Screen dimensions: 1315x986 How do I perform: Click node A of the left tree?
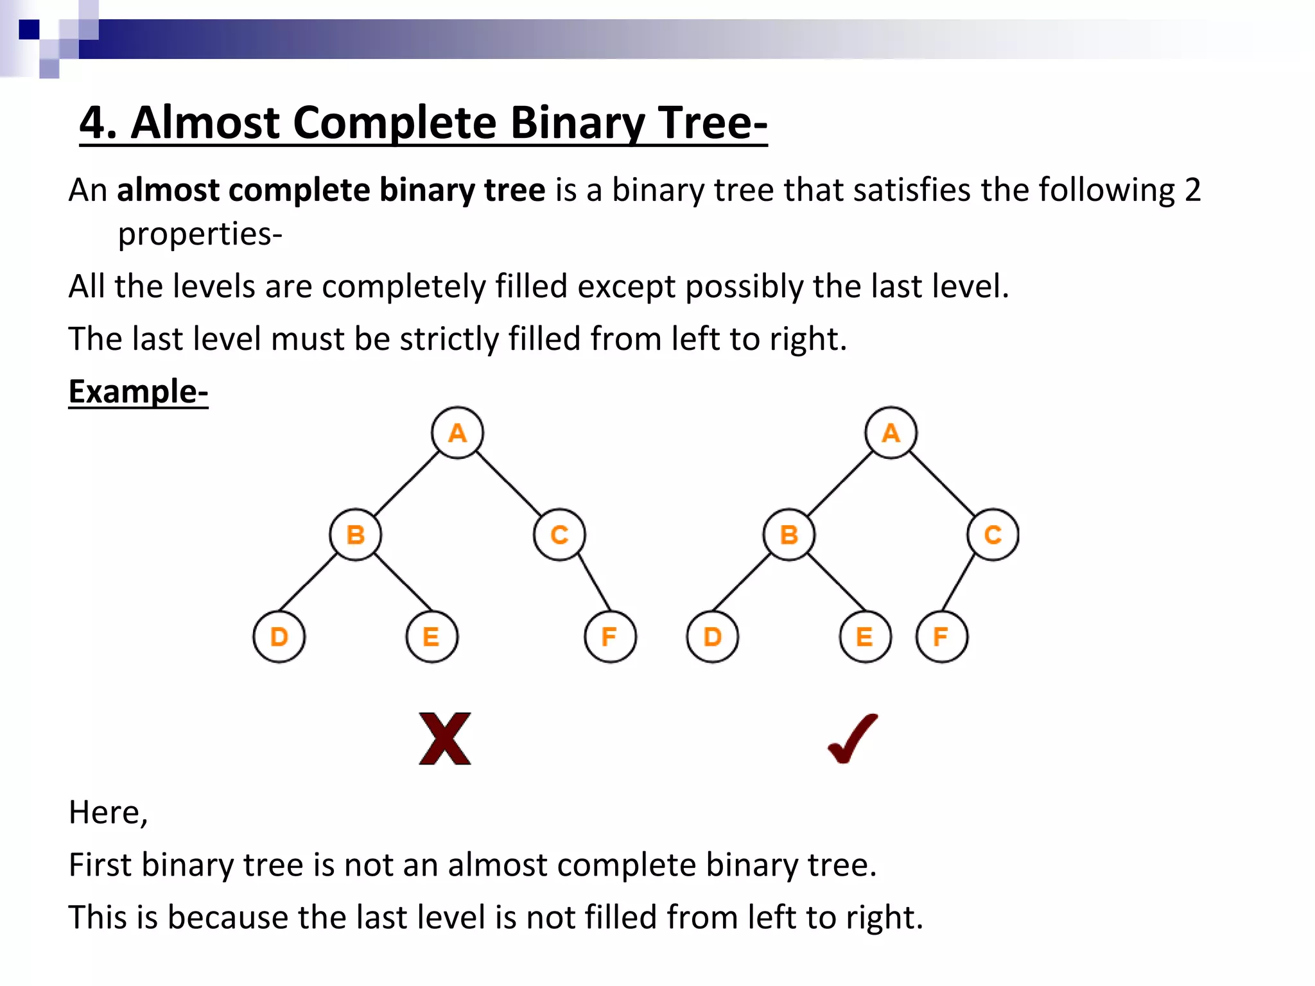pyautogui.click(x=457, y=433)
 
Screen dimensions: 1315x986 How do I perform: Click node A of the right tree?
pyautogui.click(x=891, y=433)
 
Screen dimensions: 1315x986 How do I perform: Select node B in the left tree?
pyautogui.click(x=355, y=535)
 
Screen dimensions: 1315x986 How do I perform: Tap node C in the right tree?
pyautogui.click(x=993, y=535)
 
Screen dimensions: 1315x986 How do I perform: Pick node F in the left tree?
pyautogui.click(x=610, y=637)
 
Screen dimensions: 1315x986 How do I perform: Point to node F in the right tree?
pyautogui.click(x=941, y=637)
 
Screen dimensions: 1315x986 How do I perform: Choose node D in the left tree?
pyautogui.click(x=279, y=637)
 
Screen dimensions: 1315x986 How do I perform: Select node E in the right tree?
pyautogui.click(x=865, y=637)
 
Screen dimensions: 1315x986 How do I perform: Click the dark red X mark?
pyautogui.click(x=444, y=738)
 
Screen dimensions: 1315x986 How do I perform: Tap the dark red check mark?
pyautogui.click(x=853, y=738)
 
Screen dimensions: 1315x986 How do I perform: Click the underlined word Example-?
pyautogui.click(x=138, y=392)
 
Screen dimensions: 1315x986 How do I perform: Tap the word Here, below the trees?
pyautogui.click(x=108, y=812)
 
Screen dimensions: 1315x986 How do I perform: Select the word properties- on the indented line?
pyautogui.click(x=200, y=234)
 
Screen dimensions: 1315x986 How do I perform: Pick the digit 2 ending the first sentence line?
pyautogui.click(x=1192, y=190)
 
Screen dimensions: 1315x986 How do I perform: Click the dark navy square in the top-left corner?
pyautogui.click(x=29, y=30)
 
